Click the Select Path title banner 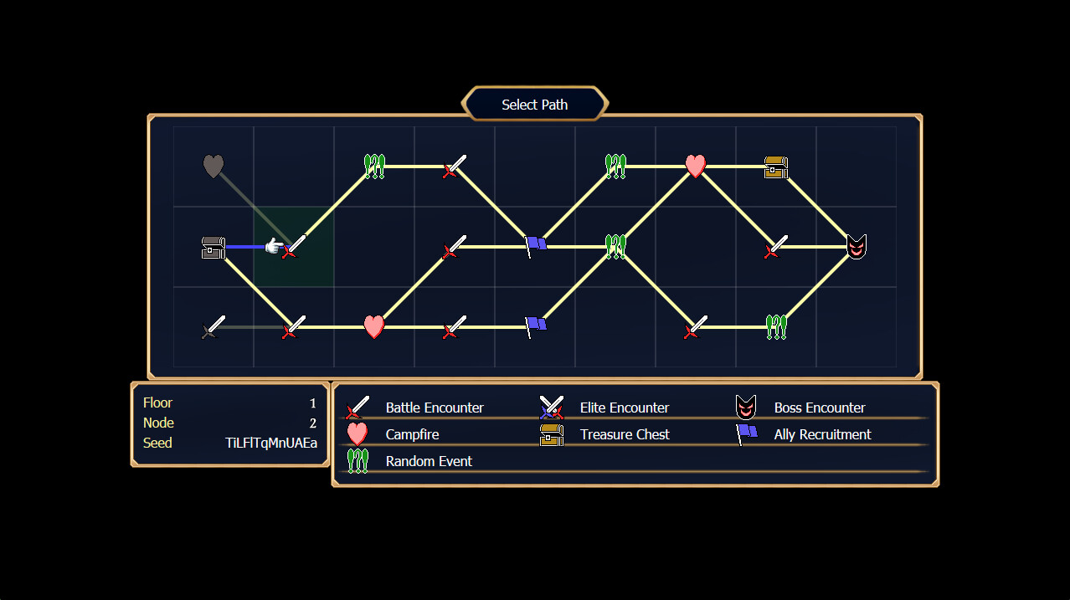pyautogui.click(x=534, y=105)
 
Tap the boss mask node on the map pyautogui.click(x=856, y=247)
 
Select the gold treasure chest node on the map pyautogui.click(x=776, y=167)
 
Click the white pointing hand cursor pyautogui.click(x=274, y=246)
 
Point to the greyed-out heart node pyautogui.click(x=213, y=167)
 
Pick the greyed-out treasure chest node pyautogui.click(x=213, y=248)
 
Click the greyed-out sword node pyautogui.click(x=213, y=327)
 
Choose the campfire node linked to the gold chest pyautogui.click(x=695, y=166)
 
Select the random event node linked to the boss pyautogui.click(x=776, y=327)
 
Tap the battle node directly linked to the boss pyautogui.click(x=776, y=247)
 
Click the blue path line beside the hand pyautogui.click(x=244, y=247)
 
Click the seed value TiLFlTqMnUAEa pyautogui.click(x=271, y=443)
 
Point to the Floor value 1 pyautogui.click(x=313, y=403)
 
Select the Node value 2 pyautogui.click(x=313, y=423)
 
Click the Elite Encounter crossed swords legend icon pyautogui.click(x=551, y=408)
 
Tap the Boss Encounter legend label pyautogui.click(x=820, y=408)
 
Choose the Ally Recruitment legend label pyautogui.click(x=822, y=434)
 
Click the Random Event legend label pyautogui.click(x=429, y=461)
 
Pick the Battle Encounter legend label pyautogui.click(x=435, y=408)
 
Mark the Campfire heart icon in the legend pyautogui.click(x=358, y=433)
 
